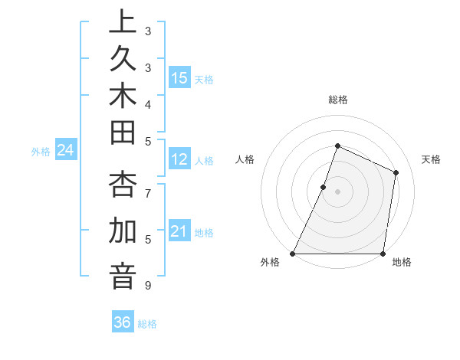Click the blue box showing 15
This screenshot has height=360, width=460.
click(x=179, y=78)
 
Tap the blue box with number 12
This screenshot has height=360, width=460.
click(x=179, y=160)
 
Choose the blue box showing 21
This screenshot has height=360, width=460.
click(x=179, y=232)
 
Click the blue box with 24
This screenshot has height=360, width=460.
click(x=66, y=151)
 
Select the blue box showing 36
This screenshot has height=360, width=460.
click(x=123, y=322)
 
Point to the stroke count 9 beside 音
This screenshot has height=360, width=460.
click(x=148, y=286)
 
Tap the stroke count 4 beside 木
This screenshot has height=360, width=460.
click(x=148, y=104)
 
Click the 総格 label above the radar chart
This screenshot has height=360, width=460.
click(x=338, y=100)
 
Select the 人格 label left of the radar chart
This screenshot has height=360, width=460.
click(x=245, y=159)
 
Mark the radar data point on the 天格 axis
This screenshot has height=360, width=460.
click(x=396, y=172)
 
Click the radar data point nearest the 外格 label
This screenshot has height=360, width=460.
click(x=293, y=254)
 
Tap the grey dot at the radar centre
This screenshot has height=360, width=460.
click(x=337, y=191)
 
